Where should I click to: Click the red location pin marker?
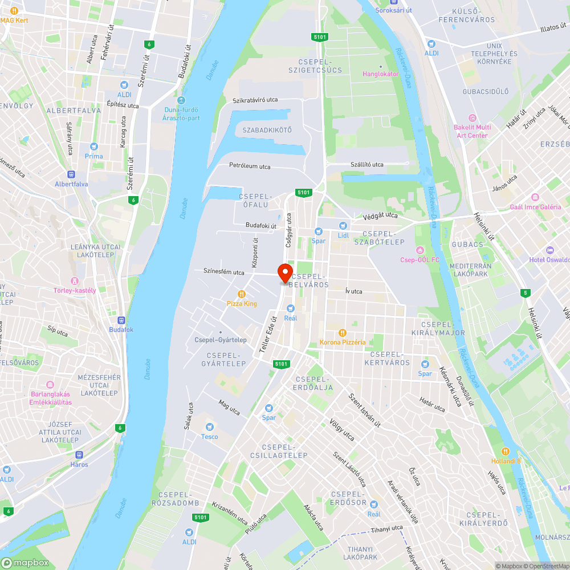point(285,272)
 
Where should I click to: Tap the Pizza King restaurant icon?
point(242,294)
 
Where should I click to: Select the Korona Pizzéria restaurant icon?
point(342,332)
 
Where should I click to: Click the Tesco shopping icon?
point(209,426)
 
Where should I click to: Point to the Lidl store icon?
point(343,226)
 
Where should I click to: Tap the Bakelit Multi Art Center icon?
point(471,117)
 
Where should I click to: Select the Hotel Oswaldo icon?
point(549,250)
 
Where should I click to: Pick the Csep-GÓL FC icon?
point(421,250)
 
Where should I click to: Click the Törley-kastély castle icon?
point(74,281)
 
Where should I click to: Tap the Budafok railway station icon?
point(121,320)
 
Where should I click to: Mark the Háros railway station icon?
point(79,455)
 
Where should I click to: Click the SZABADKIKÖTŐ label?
point(267,130)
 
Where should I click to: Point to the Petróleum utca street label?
point(250,166)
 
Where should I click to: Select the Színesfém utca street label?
point(224,272)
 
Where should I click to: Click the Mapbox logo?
point(26,562)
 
